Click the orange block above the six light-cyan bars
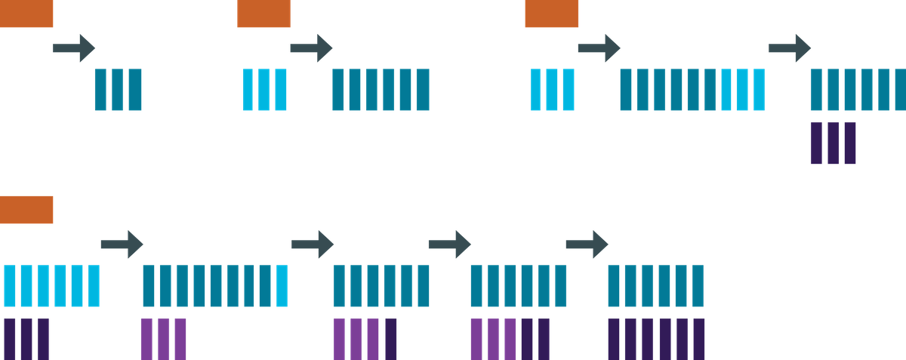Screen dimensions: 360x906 click(x=27, y=210)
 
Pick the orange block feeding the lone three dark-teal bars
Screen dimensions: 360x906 click(x=27, y=14)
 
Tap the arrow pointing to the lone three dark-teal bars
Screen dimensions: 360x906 click(x=74, y=48)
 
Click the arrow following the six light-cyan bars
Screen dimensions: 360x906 click(x=122, y=244)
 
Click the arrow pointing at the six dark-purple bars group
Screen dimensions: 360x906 click(x=587, y=244)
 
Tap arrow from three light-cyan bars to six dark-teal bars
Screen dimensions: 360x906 click(x=311, y=48)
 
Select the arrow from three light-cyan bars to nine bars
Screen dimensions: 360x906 click(x=599, y=48)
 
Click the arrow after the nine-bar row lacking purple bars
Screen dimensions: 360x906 click(x=790, y=48)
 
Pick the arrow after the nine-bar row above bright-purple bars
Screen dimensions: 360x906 click(x=313, y=244)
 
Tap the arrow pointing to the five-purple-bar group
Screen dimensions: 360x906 click(x=449, y=244)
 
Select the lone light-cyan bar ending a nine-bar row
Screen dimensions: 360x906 click(x=282, y=286)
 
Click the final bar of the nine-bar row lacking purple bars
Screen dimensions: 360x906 click(x=759, y=90)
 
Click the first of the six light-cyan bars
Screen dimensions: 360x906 click(x=11, y=286)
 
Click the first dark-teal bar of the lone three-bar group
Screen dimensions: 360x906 click(x=101, y=90)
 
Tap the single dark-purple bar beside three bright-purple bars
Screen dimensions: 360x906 click(x=390, y=339)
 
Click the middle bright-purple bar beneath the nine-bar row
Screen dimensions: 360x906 click(x=163, y=339)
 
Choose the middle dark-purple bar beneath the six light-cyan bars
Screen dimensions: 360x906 click(x=27, y=339)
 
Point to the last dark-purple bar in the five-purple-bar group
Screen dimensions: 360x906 click(x=544, y=339)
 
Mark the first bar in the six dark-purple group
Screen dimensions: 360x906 click(x=615, y=339)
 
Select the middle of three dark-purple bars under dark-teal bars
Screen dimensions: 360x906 click(x=834, y=143)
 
